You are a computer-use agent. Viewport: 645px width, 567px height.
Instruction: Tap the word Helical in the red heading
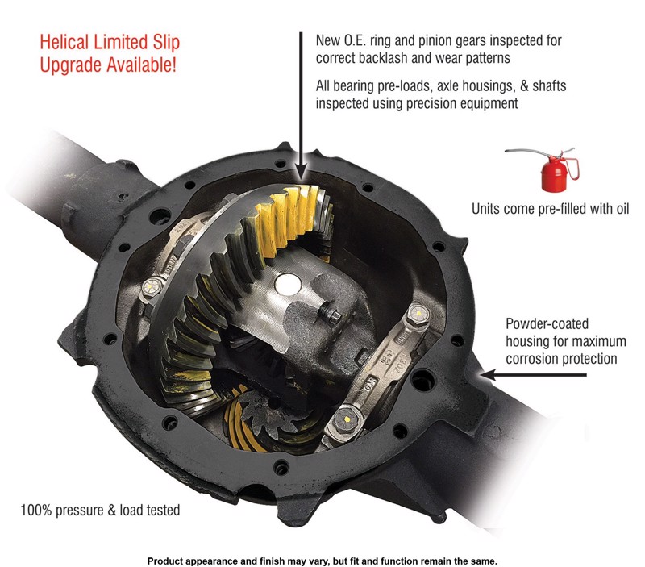(64, 43)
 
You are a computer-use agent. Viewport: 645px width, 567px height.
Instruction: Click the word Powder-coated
(547, 323)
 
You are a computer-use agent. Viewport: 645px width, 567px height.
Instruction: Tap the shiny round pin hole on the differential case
(288, 285)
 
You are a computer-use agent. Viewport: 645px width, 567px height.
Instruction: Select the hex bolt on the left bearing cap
(152, 287)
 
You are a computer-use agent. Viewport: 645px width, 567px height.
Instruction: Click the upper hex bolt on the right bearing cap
(418, 315)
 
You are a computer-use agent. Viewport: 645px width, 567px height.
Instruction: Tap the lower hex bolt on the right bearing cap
(347, 420)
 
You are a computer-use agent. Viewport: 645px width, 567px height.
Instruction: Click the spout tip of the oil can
(506, 152)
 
